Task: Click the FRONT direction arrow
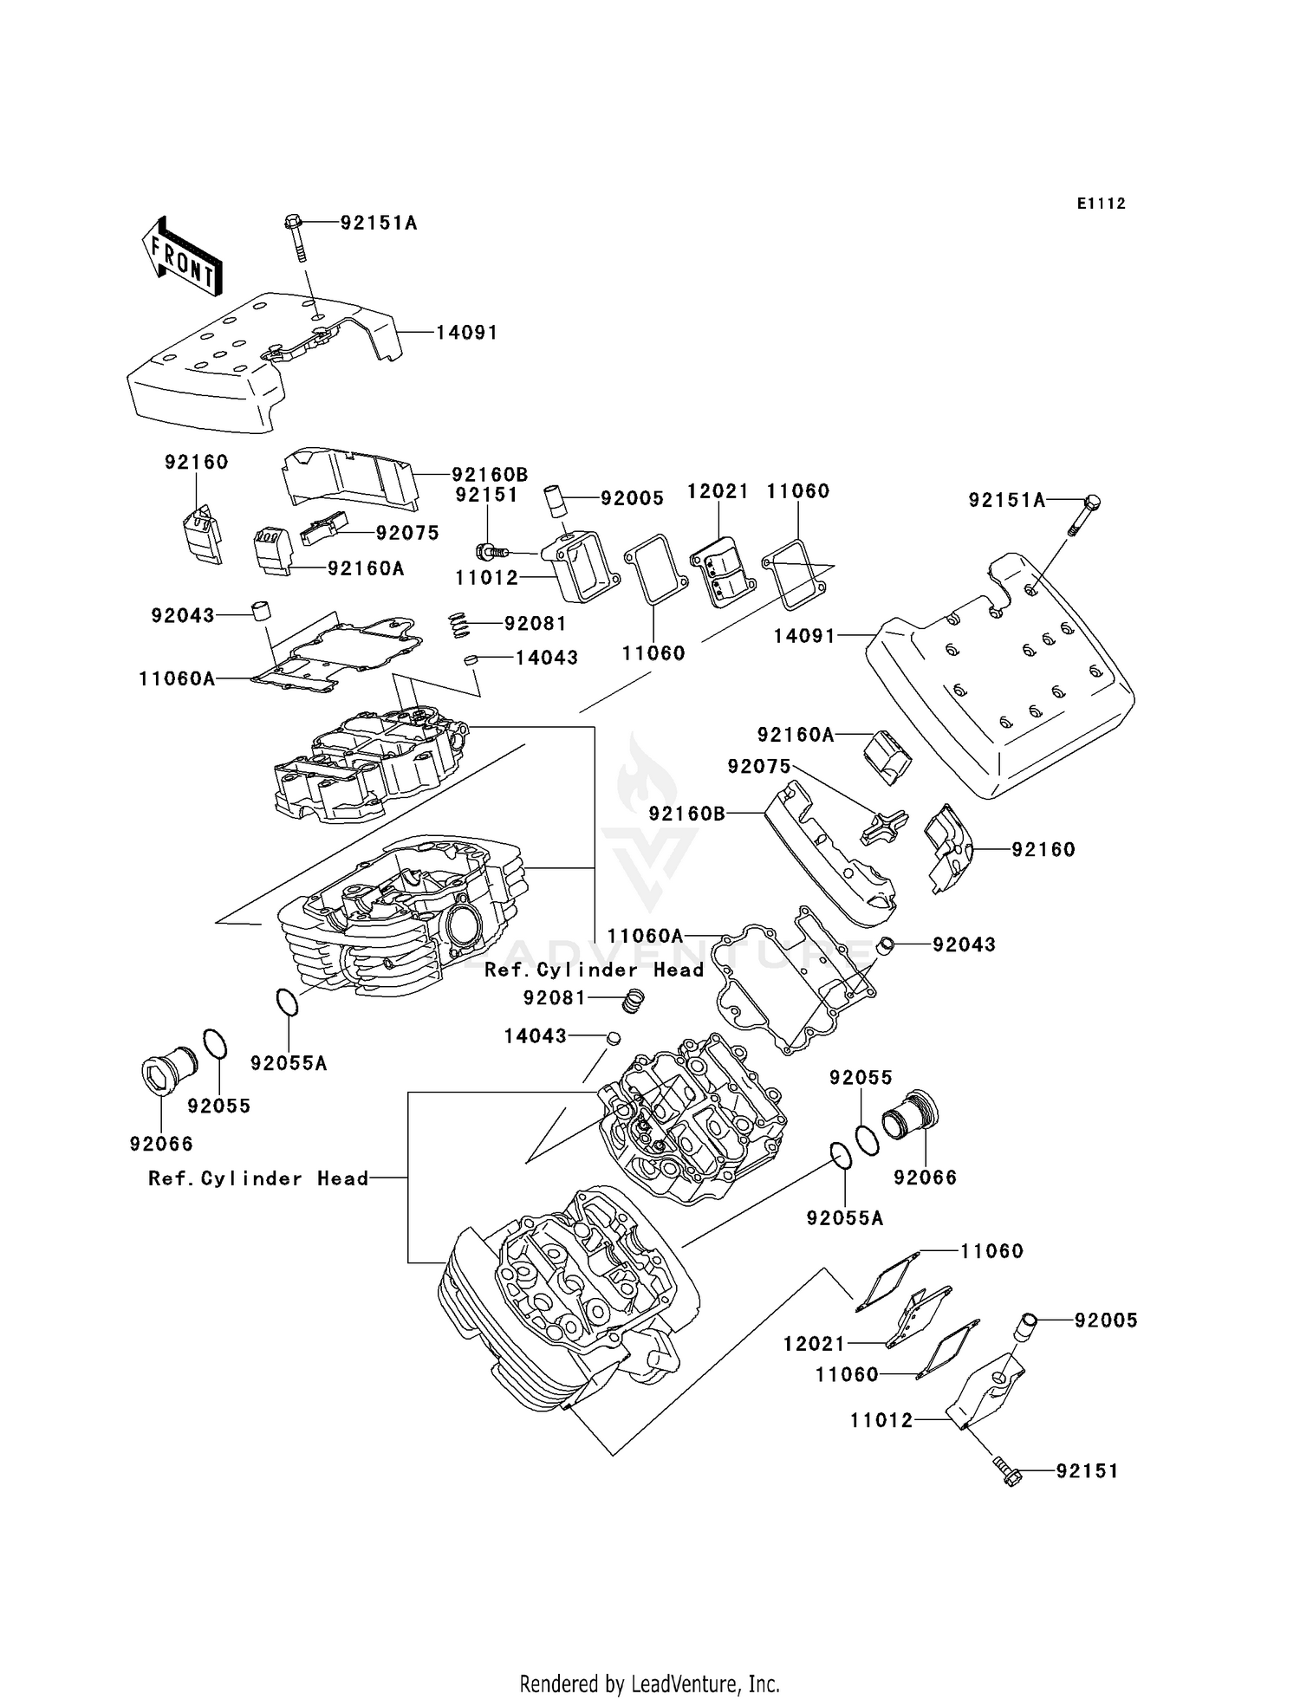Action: point(182,257)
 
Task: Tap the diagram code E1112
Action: point(1101,204)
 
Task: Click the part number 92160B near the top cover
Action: point(490,475)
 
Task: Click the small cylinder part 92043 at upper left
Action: point(259,610)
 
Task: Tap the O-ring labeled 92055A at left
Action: point(288,1001)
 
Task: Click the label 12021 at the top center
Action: point(718,491)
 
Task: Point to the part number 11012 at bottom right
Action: point(881,1420)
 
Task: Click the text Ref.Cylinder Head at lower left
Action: point(258,1178)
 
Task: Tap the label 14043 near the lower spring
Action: point(536,1036)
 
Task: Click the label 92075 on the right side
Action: point(759,766)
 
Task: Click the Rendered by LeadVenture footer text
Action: point(649,1684)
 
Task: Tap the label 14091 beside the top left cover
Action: point(466,333)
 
